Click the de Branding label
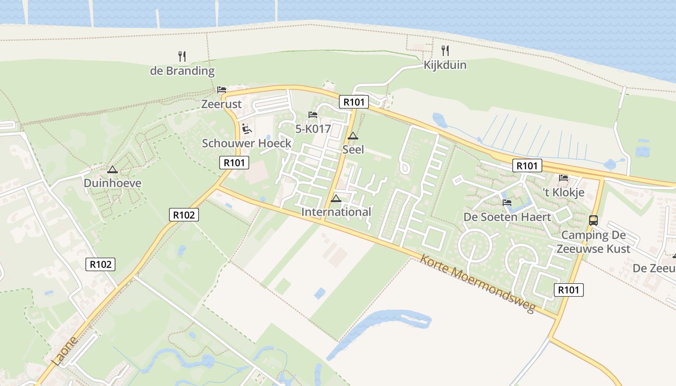point(182,71)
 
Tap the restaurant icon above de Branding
point(182,56)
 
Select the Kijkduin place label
point(445,65)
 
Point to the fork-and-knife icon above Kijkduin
point(445,50)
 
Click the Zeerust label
point(221,104)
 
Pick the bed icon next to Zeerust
point(222,90)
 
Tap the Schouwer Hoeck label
point(247,143)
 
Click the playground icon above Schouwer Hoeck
point(247,129)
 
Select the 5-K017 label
point(313,129)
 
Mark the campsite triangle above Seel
point(353,136)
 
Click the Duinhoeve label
point(113,183)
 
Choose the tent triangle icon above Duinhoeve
point(113,170)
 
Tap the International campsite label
point(336,212)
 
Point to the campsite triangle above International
point(336,198)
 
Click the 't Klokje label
point(563,193)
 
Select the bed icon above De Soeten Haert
point(507,203)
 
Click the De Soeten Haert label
point(507,217)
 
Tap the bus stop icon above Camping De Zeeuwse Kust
point(593,221)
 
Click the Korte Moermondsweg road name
point(478,283)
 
